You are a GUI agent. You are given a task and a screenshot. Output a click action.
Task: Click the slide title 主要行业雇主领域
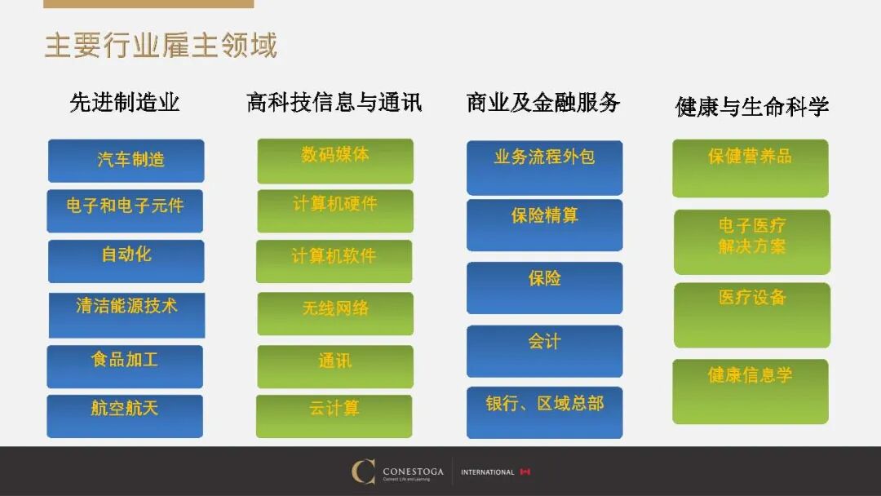click(x=161, y=46)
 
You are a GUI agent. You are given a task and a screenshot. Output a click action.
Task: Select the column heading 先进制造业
click(x=125, y=103)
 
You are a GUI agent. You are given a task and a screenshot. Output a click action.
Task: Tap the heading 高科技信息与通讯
click(x=334, y=103)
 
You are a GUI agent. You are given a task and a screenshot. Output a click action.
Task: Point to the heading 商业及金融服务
click(x=543, y=103)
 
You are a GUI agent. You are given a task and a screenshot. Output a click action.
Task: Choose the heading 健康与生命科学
click(x=752, y=106)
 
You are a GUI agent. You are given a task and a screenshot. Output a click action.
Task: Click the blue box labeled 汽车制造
click(x=126, y=161)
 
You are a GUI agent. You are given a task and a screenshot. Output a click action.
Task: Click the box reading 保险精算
click(x=544, y=224)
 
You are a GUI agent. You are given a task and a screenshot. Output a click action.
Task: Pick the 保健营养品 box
click(x=750, y=168)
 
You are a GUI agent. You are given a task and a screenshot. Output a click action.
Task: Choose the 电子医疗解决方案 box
click(x=752, y=241)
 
